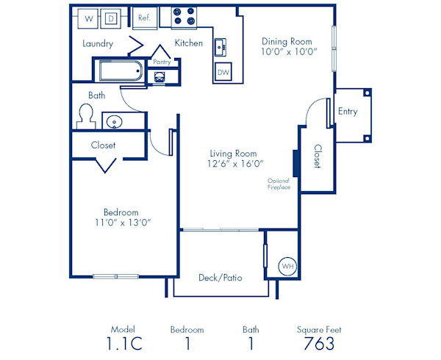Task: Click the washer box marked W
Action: (88, 18)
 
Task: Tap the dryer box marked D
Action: (112, 18)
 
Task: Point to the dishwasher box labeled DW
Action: (223, 72)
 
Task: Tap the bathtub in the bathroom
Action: (120, 72)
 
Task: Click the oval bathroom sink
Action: (115, 121)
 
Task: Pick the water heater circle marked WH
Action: (286, 266)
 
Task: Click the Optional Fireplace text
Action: (279, 184)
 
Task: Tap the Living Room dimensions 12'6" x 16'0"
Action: (236, 164)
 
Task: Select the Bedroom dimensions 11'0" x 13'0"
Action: (123, 222)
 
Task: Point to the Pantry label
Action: (162, 63)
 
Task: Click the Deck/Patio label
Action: (220, 278)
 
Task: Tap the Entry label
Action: (348, 112)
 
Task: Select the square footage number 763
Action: (319, 344)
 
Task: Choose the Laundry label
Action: (98, 43)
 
